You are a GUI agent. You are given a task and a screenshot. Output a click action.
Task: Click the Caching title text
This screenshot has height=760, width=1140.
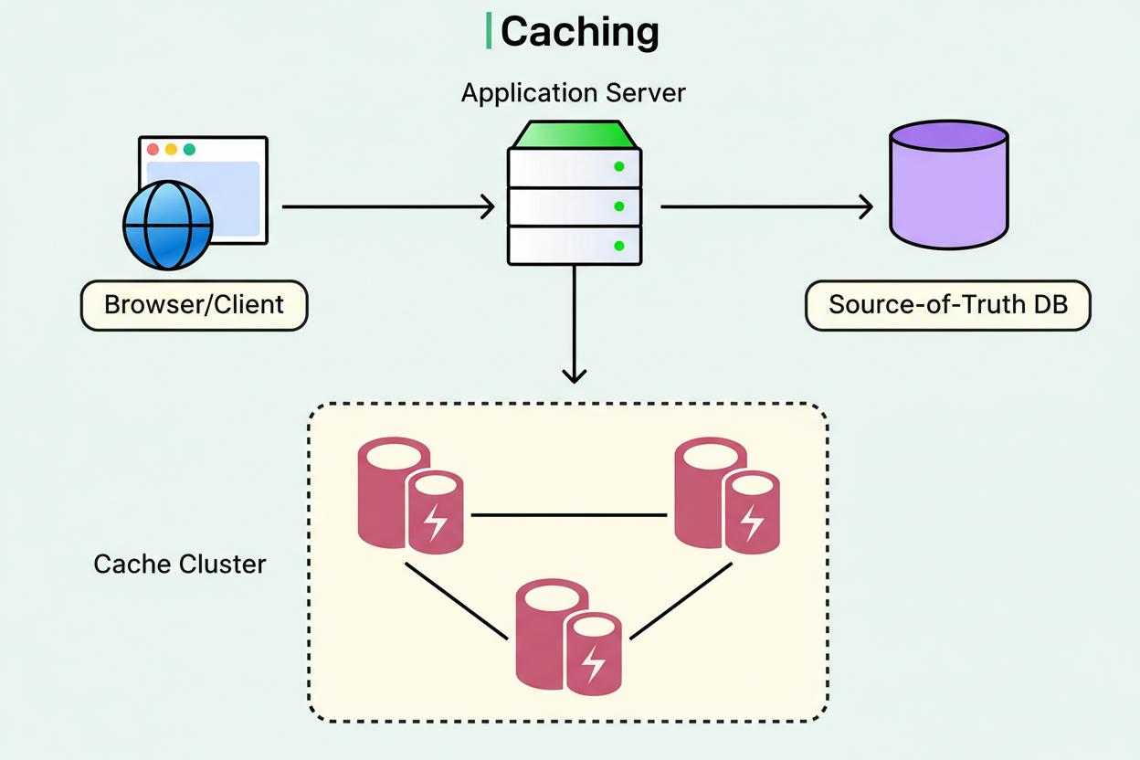pos(579,32)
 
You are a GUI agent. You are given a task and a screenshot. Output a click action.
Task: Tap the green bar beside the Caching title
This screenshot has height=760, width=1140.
pos(489,31)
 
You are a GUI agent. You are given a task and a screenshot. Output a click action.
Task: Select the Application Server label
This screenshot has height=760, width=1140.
pos(573,93)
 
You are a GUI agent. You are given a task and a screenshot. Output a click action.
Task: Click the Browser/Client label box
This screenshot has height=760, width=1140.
pos(195,305)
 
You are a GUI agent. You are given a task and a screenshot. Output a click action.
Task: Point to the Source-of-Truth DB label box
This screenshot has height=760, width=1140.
pos(947,305)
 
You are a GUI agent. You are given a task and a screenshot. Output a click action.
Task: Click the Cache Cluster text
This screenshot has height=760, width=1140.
pos(180,564)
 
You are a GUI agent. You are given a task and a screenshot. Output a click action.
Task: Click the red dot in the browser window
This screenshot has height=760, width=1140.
pos(153,149)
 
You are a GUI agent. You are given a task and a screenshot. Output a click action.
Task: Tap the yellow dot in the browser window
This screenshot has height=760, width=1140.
pos(171,149)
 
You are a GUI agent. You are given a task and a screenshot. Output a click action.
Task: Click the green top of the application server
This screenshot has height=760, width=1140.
pos(574,134)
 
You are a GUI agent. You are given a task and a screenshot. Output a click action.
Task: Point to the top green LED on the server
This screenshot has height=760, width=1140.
pos(618,166)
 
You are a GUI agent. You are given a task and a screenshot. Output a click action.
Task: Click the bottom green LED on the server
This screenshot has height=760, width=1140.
pos(618,246)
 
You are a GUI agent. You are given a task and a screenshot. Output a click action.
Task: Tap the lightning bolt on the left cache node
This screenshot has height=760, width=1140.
pos(436,522)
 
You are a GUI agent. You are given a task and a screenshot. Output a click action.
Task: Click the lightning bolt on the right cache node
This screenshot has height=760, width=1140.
pos(751,522)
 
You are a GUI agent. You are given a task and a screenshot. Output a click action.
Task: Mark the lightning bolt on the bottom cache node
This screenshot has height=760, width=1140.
pos(594,664)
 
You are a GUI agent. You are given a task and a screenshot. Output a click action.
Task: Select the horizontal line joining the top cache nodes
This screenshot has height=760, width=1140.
pos(569,515)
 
